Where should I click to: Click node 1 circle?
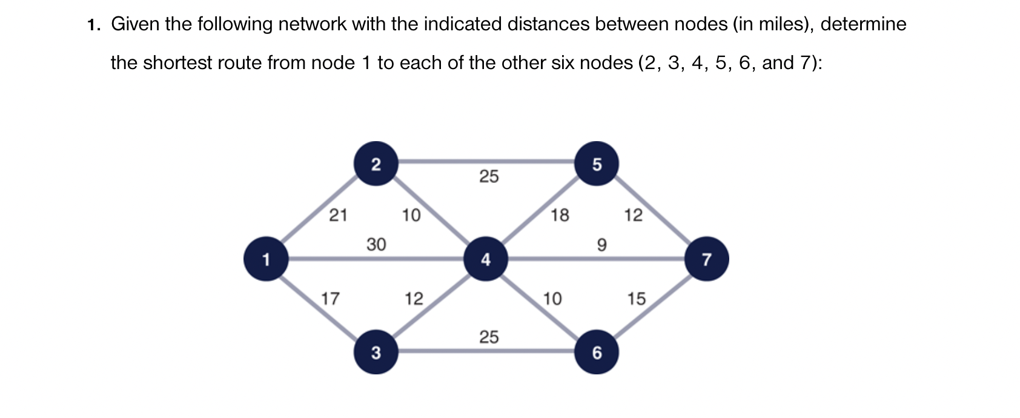coord(265,259)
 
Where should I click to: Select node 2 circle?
coord(376,164)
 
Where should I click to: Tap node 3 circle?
coord(376,352)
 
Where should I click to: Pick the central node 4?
coord(485,259)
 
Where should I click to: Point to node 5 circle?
coord(597,164)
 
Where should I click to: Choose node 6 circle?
coord(597,352)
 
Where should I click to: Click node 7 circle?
coord(706,259)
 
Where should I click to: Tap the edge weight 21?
coord(338,214)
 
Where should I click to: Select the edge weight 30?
coord(376,244)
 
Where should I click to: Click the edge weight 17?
coord(330,298)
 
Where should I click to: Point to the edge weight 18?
coord(560,214)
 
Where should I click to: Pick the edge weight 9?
coord(601,244)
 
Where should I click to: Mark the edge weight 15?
coord(636,298)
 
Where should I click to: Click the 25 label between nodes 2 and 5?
coord(489,176)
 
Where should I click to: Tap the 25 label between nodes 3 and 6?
coord(489,337)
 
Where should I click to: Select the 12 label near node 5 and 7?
coord(633,214)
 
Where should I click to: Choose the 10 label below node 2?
coord(411,214)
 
